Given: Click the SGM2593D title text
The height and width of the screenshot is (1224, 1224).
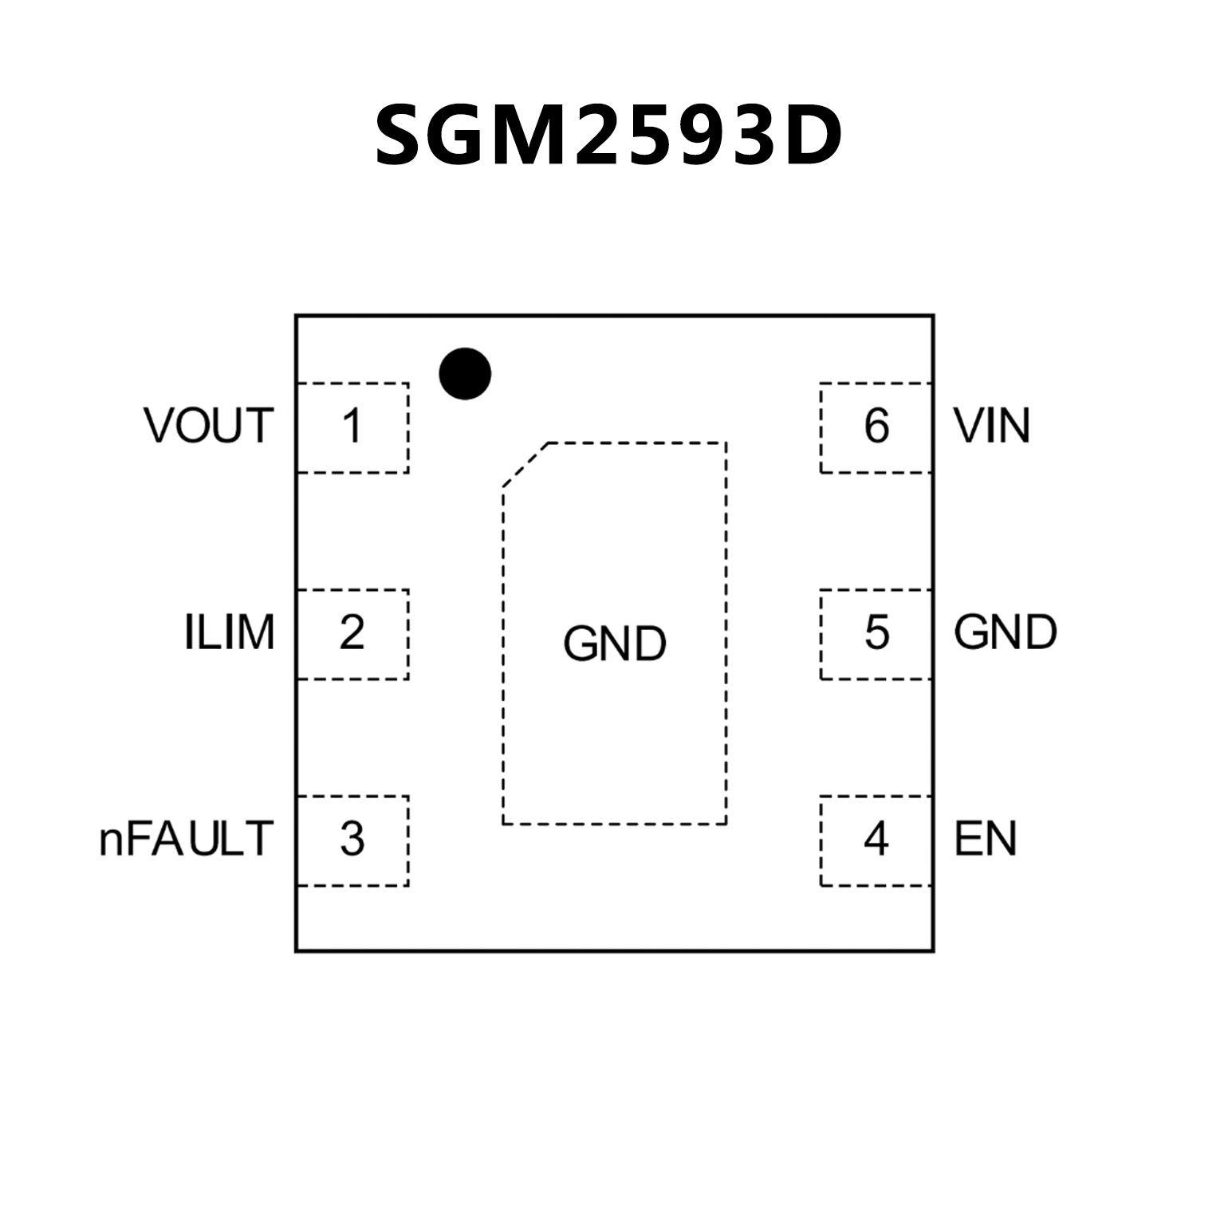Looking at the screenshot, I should [608, 136].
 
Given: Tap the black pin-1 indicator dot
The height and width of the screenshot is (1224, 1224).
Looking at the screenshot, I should [465, 373].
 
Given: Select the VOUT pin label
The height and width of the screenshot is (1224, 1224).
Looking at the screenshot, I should [209, 426].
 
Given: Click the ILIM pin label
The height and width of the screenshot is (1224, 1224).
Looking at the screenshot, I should [229, 633].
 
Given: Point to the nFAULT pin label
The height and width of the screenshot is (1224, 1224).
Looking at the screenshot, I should [186, 839].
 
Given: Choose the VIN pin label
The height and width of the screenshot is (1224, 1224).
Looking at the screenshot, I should [992, 426].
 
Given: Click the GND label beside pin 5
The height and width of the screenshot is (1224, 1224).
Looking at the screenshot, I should [1005, 633].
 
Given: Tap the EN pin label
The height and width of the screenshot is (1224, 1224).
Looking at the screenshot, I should [986, 839].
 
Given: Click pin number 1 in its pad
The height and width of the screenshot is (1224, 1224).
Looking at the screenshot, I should [352, 427].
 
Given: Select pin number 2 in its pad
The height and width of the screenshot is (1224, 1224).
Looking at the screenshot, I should [352, 633].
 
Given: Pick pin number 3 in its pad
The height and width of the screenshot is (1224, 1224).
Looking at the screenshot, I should [352, 839].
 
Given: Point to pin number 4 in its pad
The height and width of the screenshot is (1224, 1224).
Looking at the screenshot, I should [876, 839].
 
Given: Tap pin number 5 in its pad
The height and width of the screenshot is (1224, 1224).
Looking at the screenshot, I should [876, 633].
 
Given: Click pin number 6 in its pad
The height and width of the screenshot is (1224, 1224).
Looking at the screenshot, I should [876, 427].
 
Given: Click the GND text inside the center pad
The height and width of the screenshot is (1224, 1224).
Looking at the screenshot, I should [614, 644].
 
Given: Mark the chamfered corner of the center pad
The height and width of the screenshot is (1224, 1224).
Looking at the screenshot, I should [525, 464].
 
